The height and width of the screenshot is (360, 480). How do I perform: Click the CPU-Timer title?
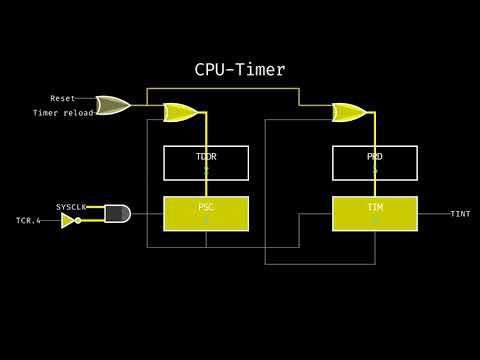[x=240, y=69]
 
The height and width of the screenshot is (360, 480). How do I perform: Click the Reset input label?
[x=63, y=99]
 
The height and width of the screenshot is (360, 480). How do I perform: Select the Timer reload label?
[x=63, y=113]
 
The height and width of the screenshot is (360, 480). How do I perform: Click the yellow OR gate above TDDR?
[x=180, y=112]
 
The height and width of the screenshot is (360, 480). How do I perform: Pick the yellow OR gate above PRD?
[x=349, y=112]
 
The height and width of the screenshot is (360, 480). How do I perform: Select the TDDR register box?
[x=206, y=163]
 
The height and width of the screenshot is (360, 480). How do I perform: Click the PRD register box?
[x=375, y=163]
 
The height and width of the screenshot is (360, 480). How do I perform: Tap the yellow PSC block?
[x=206, y=213]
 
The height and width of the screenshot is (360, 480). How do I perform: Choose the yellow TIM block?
[x=375, y=213]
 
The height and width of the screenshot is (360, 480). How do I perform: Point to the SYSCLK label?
[x=71, y=206]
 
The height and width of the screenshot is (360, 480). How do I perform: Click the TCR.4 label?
[x=28, y=220]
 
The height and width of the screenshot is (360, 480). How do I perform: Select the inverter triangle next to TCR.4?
[x=67, y=220]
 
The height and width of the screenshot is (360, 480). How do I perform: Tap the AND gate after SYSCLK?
[x=117, y=213]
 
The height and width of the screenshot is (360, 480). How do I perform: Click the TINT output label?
[x=460, y=214]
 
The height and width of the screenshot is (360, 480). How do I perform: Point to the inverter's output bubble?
[x=78, y=220]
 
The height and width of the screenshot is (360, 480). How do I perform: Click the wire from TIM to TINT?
[x=432, y=213]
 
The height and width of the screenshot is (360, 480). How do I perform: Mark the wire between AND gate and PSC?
[x=147, y=213]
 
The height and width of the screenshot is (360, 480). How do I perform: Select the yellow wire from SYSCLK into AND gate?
[x=96, y=207]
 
